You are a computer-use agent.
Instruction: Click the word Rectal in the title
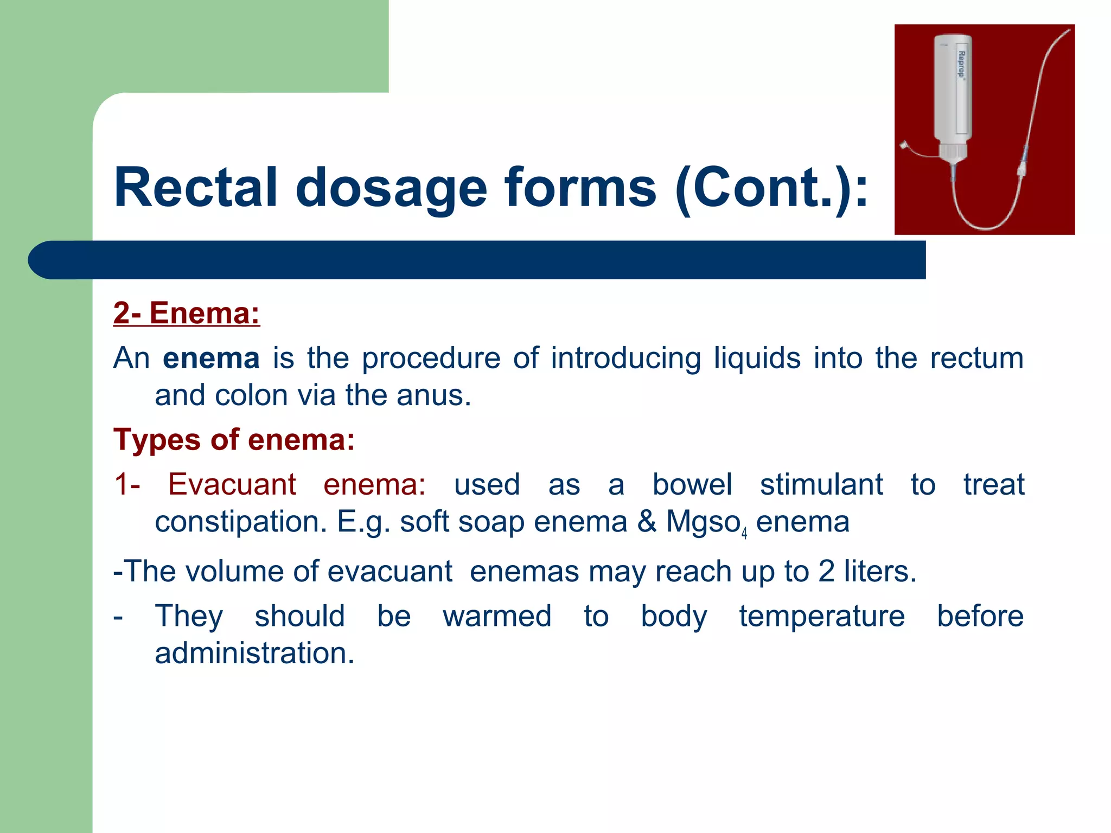(x=195, y=188)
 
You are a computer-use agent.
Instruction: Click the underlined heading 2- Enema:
(x=187, y=313)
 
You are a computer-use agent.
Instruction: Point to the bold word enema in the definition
(x=211, y=358)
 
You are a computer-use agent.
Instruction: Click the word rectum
(x=976, y=358)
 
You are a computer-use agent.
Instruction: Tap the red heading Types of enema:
(x=234, y=439)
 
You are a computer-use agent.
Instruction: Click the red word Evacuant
(x=232, y=484)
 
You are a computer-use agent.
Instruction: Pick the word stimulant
(x=821, y=484)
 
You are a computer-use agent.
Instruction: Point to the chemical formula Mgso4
(x=706, y=523)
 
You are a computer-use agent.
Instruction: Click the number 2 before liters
(x=826, y=572)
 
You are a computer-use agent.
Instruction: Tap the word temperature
(x=821, y=617)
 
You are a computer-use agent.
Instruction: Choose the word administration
(x=254, y=653)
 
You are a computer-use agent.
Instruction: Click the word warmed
(x=497, y=617)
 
